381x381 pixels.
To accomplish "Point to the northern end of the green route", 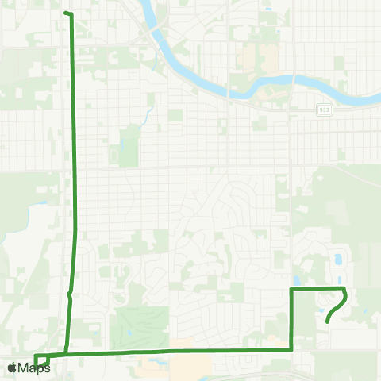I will [66, 13].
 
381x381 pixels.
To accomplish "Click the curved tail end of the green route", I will [328, 321].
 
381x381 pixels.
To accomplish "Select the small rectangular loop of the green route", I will [42, 360].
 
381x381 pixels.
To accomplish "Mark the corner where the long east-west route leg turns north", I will [292, 348].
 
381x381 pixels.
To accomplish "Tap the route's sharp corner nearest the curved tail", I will [344, 289].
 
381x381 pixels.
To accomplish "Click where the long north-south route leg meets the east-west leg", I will [66, 353].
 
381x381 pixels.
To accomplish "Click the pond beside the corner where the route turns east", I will [296, 279].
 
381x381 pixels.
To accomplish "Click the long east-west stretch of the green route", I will [175, 350].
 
